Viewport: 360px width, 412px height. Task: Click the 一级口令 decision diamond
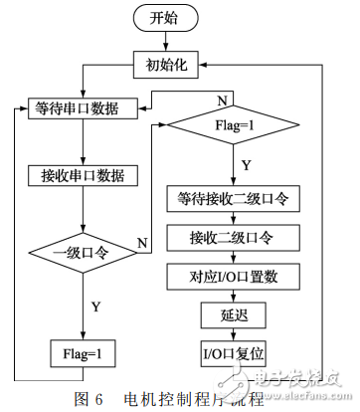click(82, 256)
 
